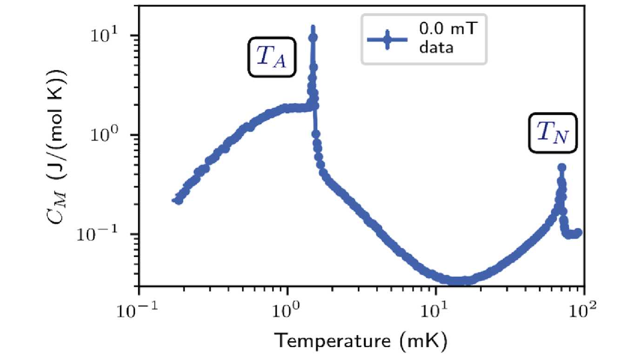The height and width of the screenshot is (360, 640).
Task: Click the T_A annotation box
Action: point(271,56)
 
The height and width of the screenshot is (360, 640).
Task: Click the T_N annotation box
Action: point(553,133)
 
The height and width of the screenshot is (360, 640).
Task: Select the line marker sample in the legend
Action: point(387,39)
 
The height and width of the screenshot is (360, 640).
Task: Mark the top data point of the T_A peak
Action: point(313,37)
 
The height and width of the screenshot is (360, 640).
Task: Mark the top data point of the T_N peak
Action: point(562,167)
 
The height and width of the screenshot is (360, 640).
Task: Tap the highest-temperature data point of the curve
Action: point(578,232)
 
